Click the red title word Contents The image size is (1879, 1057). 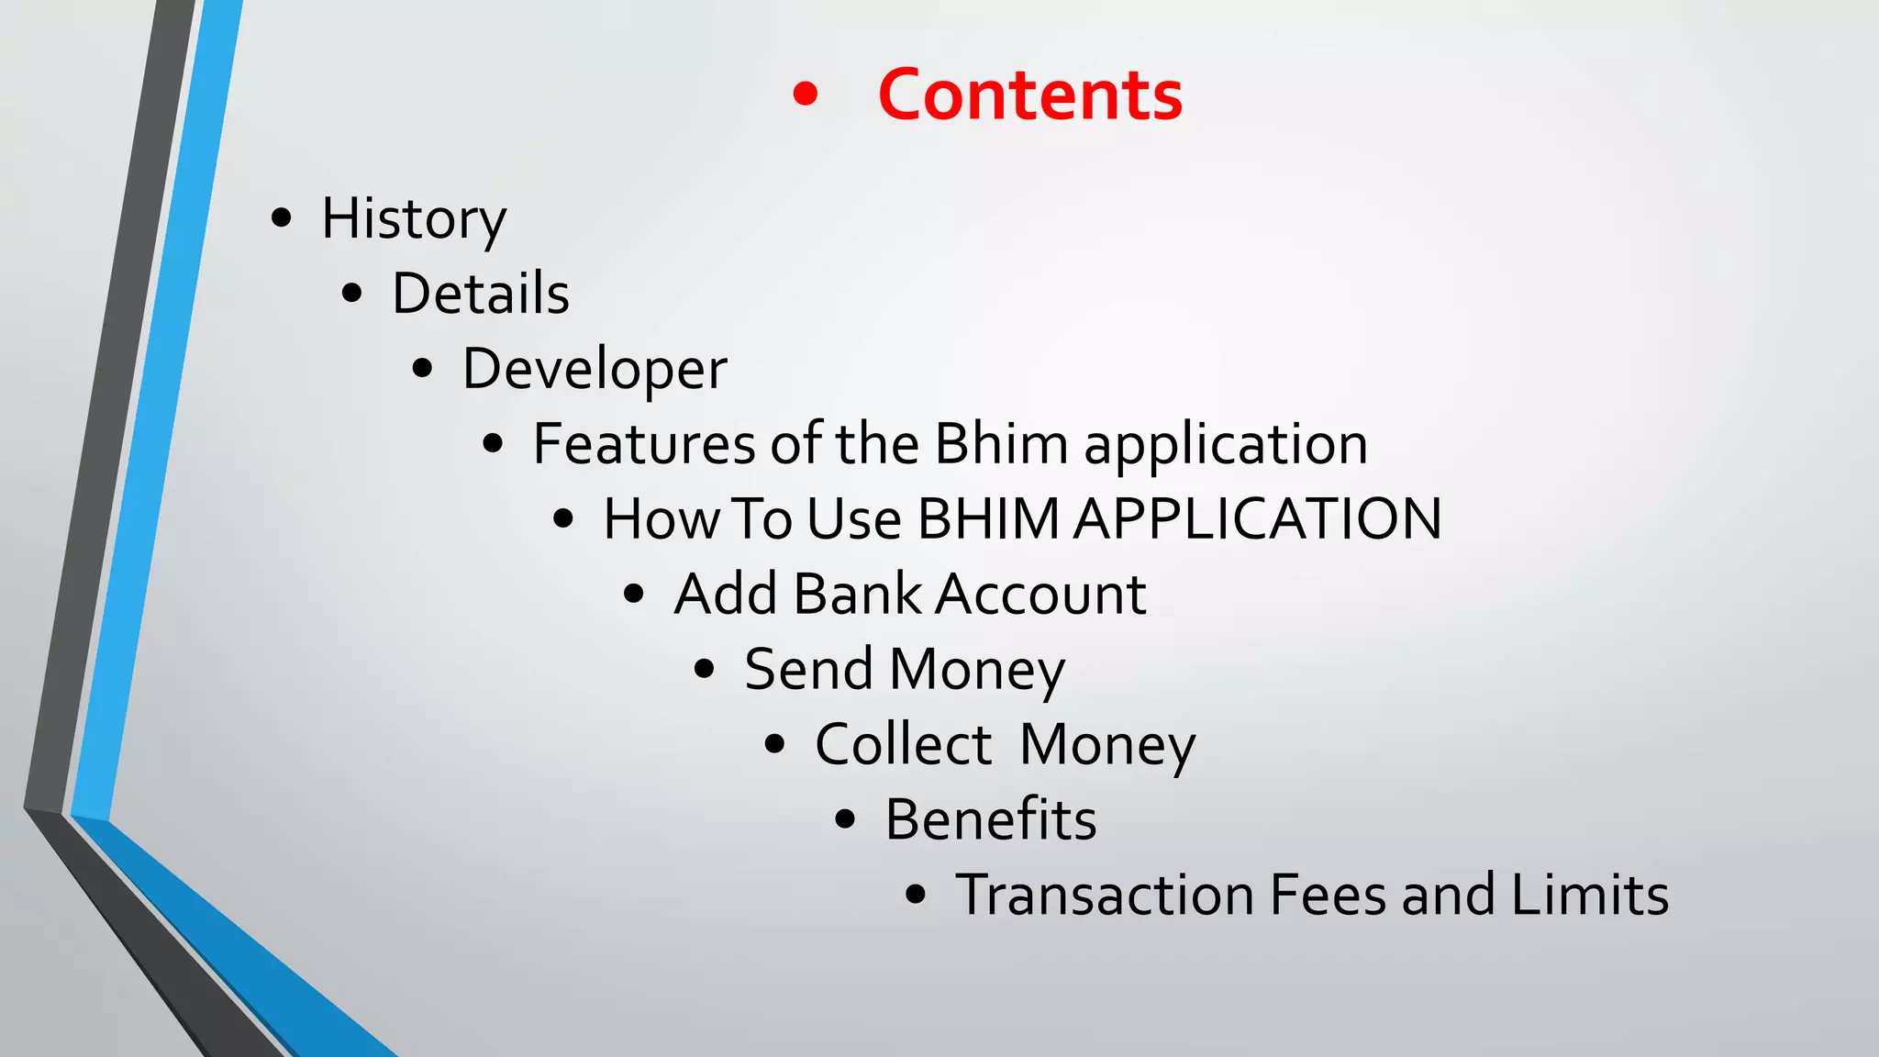[1029, 95]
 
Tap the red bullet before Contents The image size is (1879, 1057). [805, 95]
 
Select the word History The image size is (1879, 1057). [413, 220]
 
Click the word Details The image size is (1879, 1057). [481, 295]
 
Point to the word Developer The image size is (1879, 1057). [595, 370]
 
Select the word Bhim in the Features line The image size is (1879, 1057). [1001, 445]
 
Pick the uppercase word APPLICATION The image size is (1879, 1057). [1258, 519]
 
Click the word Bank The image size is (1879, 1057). [857, 595]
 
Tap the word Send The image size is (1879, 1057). [808, 670]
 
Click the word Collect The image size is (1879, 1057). [903, 744]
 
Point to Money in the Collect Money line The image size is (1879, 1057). [1107, 746]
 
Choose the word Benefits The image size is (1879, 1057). [990, 819]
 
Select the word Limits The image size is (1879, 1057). [1589, 895]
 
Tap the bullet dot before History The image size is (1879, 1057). [282, 218]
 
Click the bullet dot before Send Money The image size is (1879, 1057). [705, 669]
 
